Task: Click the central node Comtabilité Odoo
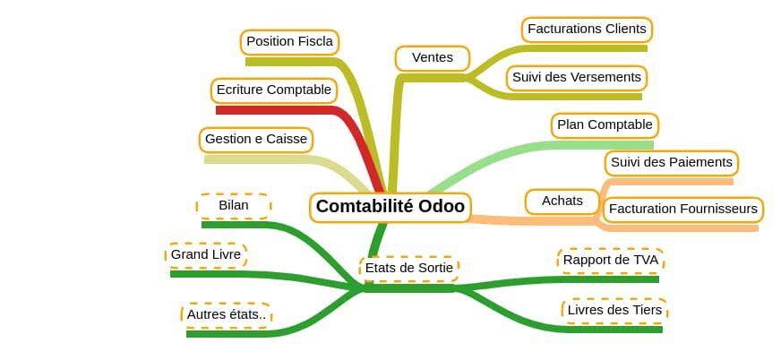tap(390, 207)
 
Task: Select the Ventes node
tap(433, 58)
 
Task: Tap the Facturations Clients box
tap(587, 30)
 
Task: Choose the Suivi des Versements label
tap(576, 78)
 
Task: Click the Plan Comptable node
tap(605, 125)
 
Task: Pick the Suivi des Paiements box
tap(672, 163)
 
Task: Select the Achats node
tap(562, 201)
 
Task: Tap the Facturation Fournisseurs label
tap(682, 209)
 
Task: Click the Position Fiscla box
tap(289, 42)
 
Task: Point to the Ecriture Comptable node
tap(273, 90)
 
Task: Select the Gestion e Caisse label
tap(256, 140)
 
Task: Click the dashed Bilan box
tap(234, 206)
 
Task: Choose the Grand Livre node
tap(206, 255)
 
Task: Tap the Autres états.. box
tap(226, 315)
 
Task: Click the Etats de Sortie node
tap(409, 269)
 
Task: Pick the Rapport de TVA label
tap(611, 261)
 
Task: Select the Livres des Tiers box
tap(614, 311)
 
